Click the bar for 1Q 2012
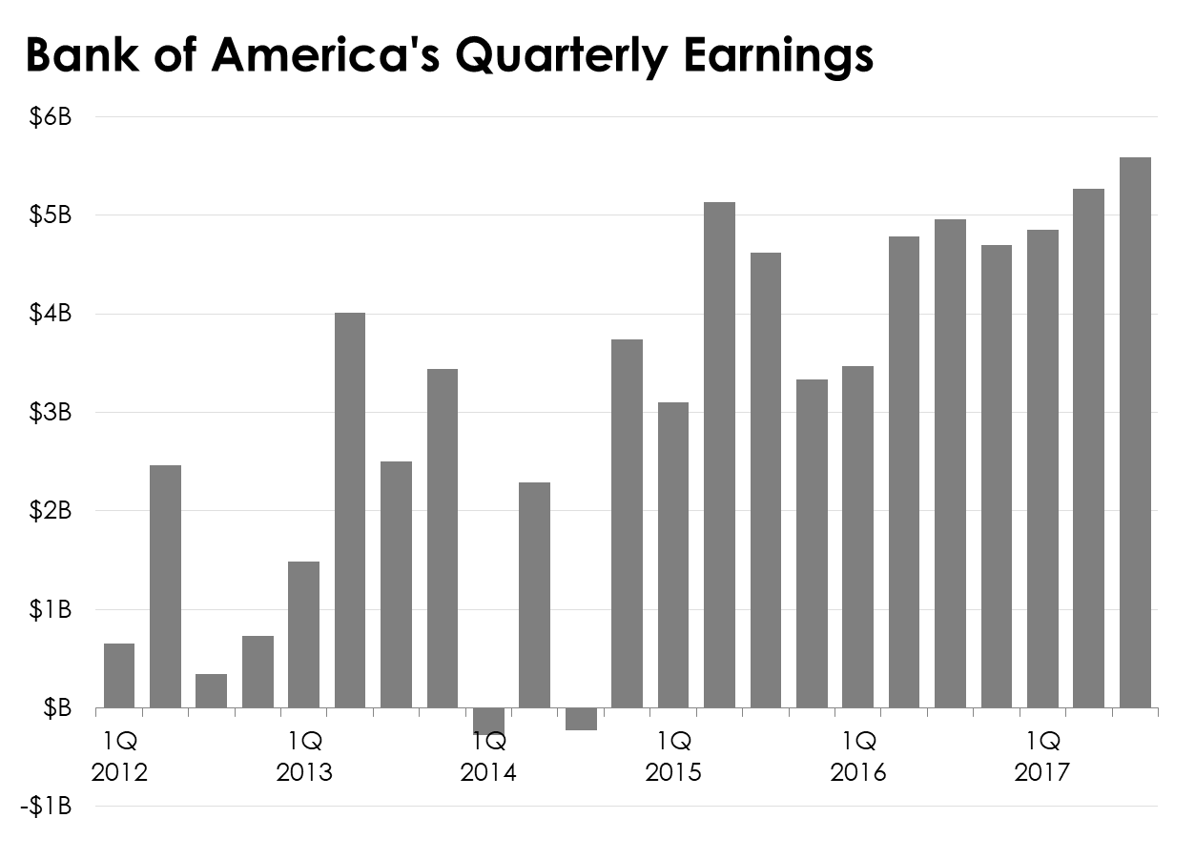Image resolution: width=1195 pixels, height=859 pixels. coord(119,676)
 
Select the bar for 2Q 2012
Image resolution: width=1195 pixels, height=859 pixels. coord(165,586)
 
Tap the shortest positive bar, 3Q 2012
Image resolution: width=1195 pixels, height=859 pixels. coord(211,691)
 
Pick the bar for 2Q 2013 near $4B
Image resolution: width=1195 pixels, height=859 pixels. coord(350,510)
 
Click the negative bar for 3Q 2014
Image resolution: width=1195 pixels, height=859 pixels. coord(581,719)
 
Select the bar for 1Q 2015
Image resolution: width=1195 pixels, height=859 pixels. coord(673,555)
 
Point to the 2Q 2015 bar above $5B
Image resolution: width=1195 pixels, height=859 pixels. coord(719,455)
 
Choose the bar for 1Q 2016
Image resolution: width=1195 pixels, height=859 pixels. coord(857,537)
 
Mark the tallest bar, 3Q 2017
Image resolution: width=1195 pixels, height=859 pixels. coord(1135,433)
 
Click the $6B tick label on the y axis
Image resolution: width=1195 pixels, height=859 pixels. coord(51,117)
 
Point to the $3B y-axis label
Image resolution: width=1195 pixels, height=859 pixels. coord(51,413)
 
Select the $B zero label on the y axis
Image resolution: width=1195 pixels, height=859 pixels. coord(56,708)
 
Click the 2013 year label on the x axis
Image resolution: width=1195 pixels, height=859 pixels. coord(304,771)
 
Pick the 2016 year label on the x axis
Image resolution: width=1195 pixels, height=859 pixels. coord(857,771)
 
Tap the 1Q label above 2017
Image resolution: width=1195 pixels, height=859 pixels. coord(1042,740)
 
